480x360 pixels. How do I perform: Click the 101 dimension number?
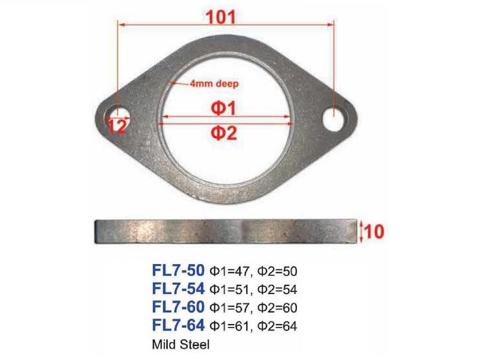point(222,16)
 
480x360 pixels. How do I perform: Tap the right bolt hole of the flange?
point(335,116)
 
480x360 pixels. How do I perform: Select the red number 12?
point(117,126)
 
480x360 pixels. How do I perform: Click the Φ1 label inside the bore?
point(223,109)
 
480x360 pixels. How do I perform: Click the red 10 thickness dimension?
point(374,231)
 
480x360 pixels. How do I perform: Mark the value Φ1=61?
point(229,327)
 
